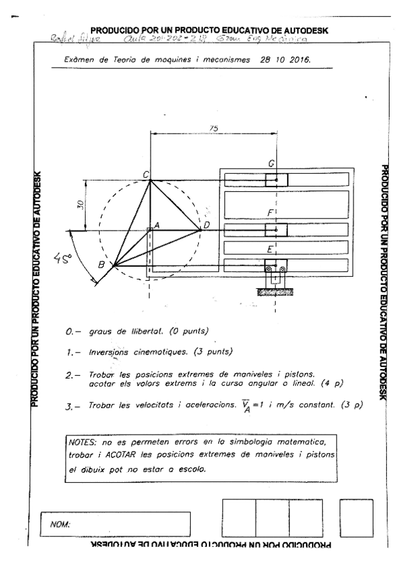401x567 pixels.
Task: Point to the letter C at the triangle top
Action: click(145, 174)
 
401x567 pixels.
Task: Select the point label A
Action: click(156, 226)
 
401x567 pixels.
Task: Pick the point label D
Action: click(207, 225)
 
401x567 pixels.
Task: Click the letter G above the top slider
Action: click(270, 164)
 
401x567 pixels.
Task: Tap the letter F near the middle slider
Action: click(270, 213)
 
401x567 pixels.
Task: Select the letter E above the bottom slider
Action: click(269, 249)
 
